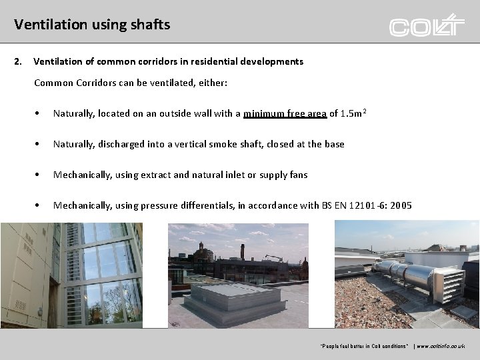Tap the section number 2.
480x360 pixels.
coord(18,61)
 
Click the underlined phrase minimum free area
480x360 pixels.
coord(285,113)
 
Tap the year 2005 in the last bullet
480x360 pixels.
coord(401,205)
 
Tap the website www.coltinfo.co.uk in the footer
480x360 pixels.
coord(441,347)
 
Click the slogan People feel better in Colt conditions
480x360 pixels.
coord(365,347)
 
